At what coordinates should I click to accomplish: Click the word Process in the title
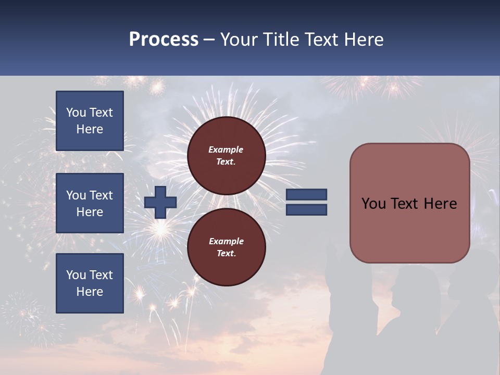pos(164,40)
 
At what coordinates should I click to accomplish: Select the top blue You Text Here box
pos(90,121)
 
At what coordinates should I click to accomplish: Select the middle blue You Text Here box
pos(90,203)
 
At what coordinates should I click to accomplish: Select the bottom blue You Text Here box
pos(90,283)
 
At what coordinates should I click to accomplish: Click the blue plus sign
pos(160,202)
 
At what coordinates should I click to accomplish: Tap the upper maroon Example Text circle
pos(227,156)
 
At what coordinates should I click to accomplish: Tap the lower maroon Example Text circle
pos(227,247)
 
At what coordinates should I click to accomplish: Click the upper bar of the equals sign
pos(306,195)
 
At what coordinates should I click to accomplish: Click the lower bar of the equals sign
pos(306,210)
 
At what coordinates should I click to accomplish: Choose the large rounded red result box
pos(409,203)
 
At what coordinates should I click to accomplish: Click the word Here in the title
pos(362,40)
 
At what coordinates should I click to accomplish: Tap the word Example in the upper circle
pos(226,149)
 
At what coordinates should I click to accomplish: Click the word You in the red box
pos(374,204)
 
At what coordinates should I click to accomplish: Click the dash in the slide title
pos(209,40)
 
